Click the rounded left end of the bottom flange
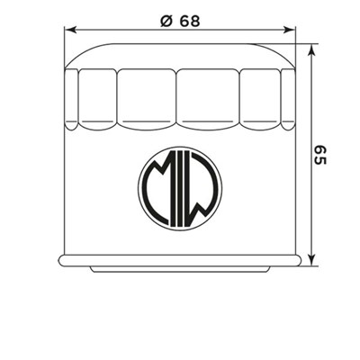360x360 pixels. coord(61,261)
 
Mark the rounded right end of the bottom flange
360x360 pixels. coord(298,261)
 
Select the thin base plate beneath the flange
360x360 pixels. coord(180,269)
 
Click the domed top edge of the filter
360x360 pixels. coord(180,40)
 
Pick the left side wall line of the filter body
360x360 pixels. coord(66,180)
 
